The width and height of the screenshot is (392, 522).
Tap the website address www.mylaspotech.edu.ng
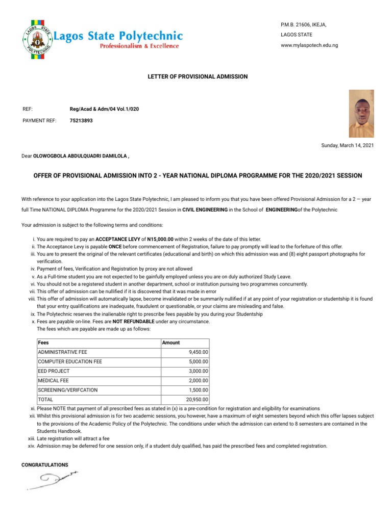pyautogui.click(x=309, y=45)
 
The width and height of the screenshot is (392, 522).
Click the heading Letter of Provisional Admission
pyautogui.click(x=198, y=76)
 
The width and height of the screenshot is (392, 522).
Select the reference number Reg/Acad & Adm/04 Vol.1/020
pyautogui.click(x=104, y=109)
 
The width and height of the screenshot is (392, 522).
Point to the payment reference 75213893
pyautogui.click(x=81, y=121)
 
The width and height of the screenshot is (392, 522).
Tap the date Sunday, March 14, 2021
pyautogui.click(x=348, y=146)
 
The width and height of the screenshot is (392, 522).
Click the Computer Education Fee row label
pyautogui.click(x=70, y=361)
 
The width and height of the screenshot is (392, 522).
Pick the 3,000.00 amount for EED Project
pyautogui.click(x=198, y=371)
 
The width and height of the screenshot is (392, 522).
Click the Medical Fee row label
pyautogui.click(x=53, y=380)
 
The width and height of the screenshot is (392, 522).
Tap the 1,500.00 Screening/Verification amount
pyautogui.click(x=198, y=390)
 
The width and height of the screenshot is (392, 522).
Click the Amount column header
pyautogui.click(x=171, y=343)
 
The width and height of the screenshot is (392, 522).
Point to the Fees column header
pyautogui.click(x=43, y=343)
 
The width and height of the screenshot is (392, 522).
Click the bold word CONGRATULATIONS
pyautogui.click(x=44, y=465)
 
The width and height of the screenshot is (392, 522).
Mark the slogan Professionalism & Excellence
pyautogui.click(x=139, y=46)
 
